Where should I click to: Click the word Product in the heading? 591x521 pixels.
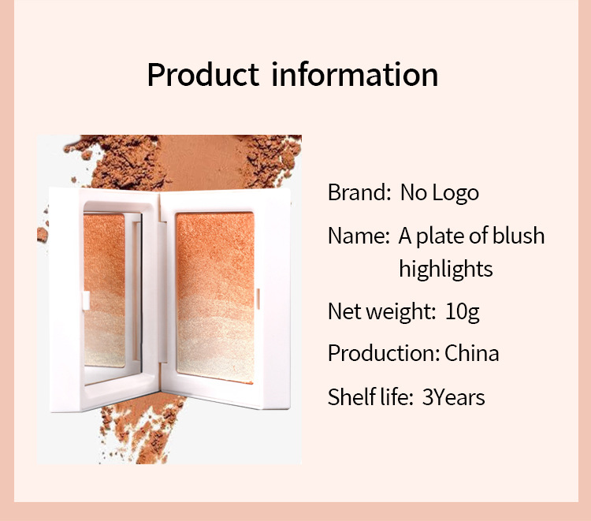[x=203, y=74]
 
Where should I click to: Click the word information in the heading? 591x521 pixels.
[x=355, y=74]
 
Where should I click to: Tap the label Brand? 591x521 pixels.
[x=359, y=192]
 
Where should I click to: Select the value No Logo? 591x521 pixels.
[x=440, y=193]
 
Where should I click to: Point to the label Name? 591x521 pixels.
[x=359, y=236]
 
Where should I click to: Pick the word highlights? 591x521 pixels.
[x=446, y=270]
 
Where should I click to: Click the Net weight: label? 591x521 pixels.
[x=381, y=312]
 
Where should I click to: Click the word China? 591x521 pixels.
[x=472, y=354]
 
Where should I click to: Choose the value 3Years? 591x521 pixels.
[x=453, y=397]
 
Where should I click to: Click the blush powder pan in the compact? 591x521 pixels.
[x=215, y=298]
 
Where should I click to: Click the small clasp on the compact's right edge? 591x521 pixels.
[x=258, y=299]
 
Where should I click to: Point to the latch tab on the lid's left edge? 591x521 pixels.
[x=86, y=300]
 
